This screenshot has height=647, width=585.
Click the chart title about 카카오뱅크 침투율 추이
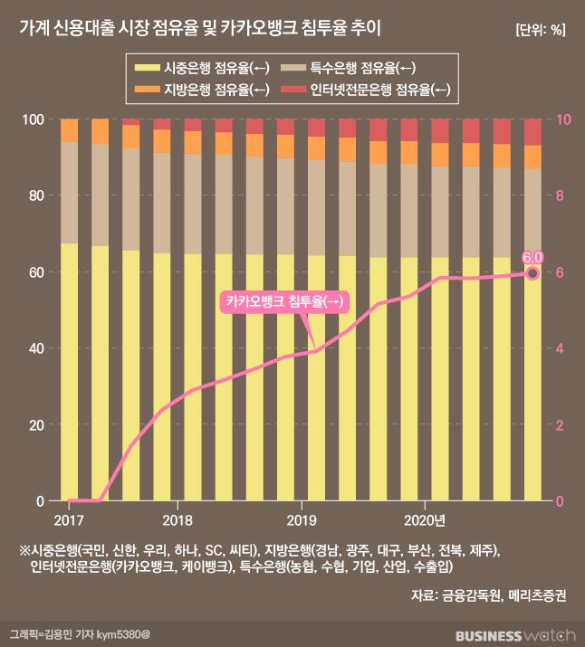[200, 28]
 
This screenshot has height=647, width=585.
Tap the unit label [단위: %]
[540, 29]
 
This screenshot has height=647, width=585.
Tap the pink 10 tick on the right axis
[562, 119]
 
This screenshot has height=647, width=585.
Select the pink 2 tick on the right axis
[559, 424]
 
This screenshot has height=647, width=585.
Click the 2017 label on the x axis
[69, 520]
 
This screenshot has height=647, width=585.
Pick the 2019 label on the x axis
[301, 520]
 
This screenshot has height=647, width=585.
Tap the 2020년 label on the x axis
[425, 520]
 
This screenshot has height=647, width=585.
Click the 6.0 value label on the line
[532, 257]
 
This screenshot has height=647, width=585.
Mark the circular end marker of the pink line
[532, 273]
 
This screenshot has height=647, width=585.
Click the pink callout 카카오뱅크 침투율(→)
[284, 302]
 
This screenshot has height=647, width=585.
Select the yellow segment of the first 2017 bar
[69, 371]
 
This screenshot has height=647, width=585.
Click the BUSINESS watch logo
[513, 633]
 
